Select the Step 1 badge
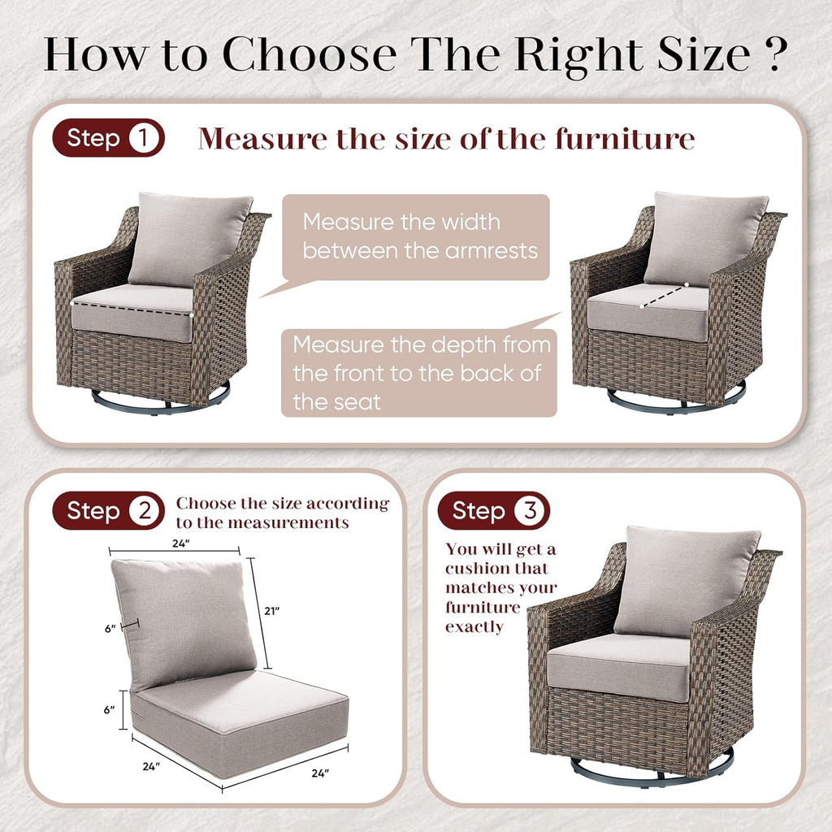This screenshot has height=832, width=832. coord(108,138)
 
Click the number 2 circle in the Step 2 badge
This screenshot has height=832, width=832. coord(145,511)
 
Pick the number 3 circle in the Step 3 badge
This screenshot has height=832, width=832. coord(530,511)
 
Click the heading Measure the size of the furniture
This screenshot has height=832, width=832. coord(446,139)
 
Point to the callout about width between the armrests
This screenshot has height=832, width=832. coord(416,236)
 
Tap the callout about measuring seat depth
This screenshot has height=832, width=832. coord(419,371)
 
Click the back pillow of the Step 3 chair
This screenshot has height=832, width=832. coord(687,578)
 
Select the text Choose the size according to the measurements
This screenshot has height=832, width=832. coord(283,513)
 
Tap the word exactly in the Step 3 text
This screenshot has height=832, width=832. coord(474,626)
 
